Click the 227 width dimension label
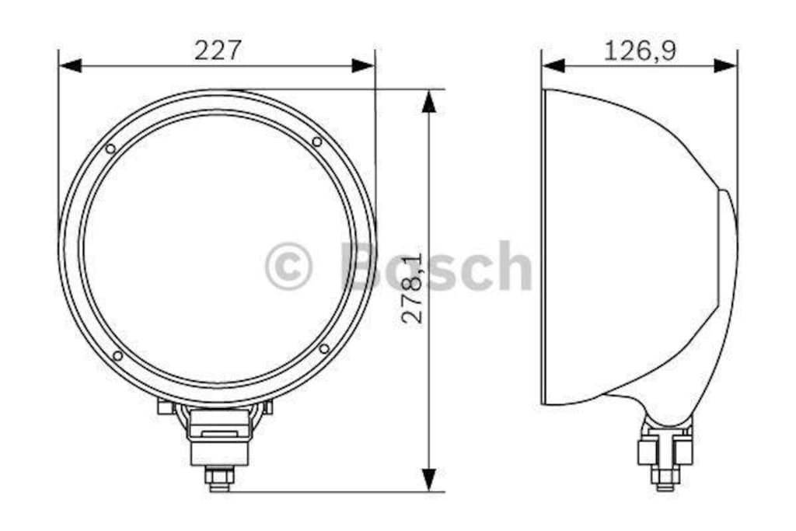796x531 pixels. pyautogui.click(x=218, y=51)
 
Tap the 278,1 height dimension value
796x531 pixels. pyautogui.click(x=412, y=288)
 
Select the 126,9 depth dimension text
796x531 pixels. pyautogui.click(x=640, y=51)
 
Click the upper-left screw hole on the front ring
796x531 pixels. pyautogui.click(x=110, y=148)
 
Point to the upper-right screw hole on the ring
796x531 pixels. pyautogui.click(x=317, y=141)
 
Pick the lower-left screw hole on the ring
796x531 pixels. pyautogui.click(x=117, y=356)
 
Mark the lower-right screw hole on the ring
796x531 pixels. pyautogui.click(x=324, y=349)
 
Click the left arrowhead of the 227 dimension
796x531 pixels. pyautogui.click(x=70, y=65)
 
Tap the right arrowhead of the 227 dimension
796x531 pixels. pyautogui.click(x=364, y=65)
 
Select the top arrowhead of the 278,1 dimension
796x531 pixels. pyautogui.click(x=429, y=102)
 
